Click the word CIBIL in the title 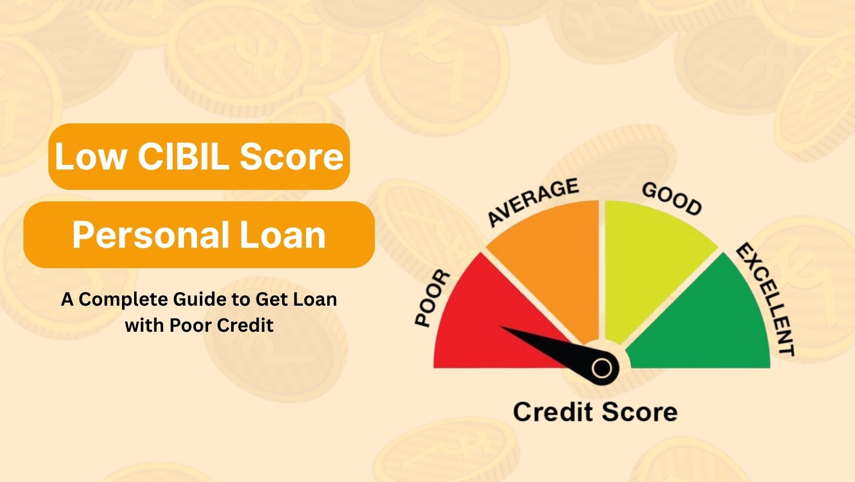tap(183, 156)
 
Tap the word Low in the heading tap(91, 156)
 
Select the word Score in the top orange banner tap(291, 156)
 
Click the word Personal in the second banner tap(151, 235)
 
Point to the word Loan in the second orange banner tap(283, 235)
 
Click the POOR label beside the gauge tap(433, 298)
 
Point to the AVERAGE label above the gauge tap(534, 202)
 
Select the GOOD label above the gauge tap(672, 199)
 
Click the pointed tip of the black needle tap(501, 327)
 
